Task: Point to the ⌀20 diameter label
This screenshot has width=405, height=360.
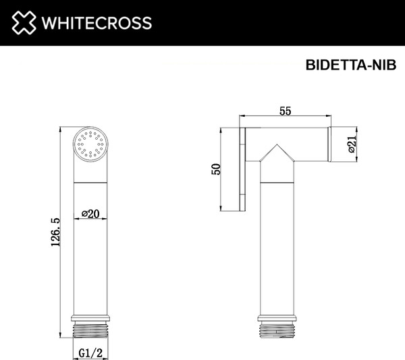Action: pyautogui.click(x=90, y=213)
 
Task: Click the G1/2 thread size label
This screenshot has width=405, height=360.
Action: pyautogui.click(x=90, y=351)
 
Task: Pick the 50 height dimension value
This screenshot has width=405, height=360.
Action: pyautogui.click(x=217, y=169)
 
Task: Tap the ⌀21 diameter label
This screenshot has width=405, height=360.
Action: pyautogui.click(x=352, y=145)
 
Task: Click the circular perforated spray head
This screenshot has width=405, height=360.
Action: pyautogui.click(x=90, y=144)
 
